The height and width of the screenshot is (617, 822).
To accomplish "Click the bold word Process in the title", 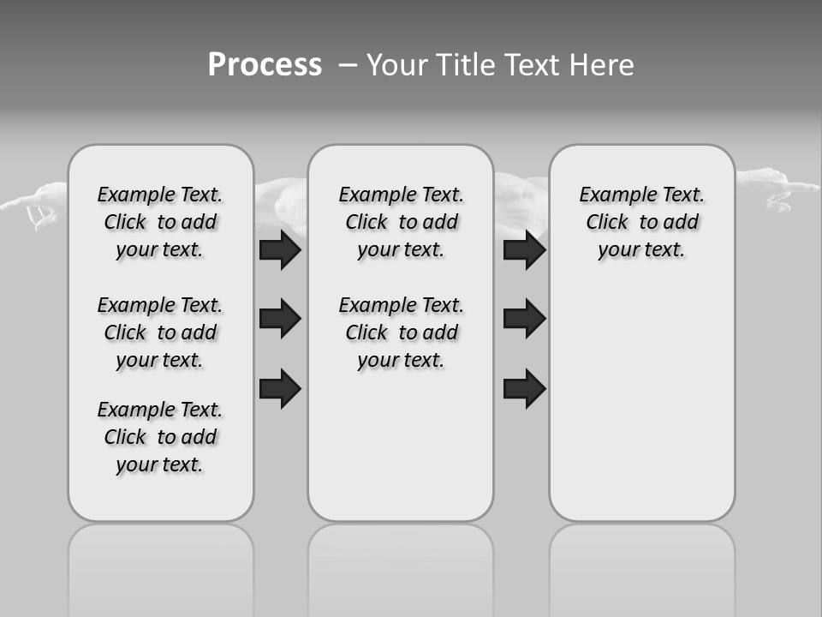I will click(265, 65).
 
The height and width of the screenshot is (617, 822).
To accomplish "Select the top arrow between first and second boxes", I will click(280, 250).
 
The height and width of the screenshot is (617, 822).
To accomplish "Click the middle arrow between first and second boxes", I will click(280, 319).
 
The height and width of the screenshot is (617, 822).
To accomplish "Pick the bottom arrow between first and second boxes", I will click(280, 388).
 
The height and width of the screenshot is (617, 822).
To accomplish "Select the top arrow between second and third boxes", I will click(524, 250).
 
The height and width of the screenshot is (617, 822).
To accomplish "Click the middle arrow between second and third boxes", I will click(524, 319).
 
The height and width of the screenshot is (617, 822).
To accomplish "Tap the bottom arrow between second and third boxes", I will click(524, 388).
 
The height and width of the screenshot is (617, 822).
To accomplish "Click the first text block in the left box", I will click(160, 222).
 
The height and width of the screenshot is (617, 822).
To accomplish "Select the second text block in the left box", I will click(160, 332).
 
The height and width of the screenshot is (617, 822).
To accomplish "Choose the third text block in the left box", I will click(160, 437).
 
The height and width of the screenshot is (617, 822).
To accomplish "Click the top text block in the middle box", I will click(401, 222).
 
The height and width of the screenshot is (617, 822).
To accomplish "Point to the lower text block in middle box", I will click(401, 332).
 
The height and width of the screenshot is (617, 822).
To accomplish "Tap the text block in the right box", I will click(641, 222).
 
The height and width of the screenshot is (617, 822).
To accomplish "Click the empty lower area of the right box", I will click(641, 411).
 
